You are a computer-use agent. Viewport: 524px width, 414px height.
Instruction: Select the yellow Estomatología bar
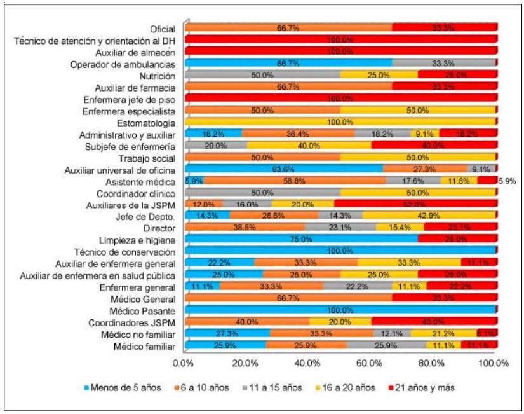[340, 121]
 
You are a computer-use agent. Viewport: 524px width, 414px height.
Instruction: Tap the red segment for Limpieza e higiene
[457, 239]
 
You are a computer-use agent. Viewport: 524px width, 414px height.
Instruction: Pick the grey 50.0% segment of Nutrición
[262, 74]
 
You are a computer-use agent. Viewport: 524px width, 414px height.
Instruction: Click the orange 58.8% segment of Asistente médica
[295, 181]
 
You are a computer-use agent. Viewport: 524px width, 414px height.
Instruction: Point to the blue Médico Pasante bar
[340, 310]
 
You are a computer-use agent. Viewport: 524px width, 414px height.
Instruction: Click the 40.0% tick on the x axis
[308, 364]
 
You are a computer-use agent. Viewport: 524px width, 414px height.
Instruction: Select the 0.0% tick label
[184, 364]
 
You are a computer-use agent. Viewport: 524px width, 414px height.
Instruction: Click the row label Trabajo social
[147, 157]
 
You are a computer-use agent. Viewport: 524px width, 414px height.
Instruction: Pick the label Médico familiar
[147, 346]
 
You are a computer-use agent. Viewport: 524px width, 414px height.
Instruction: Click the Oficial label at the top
[163, 29]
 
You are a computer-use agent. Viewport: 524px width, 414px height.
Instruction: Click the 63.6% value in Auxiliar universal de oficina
[283, 169]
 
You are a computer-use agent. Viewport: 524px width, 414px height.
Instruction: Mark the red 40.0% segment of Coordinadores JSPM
[433, 322]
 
